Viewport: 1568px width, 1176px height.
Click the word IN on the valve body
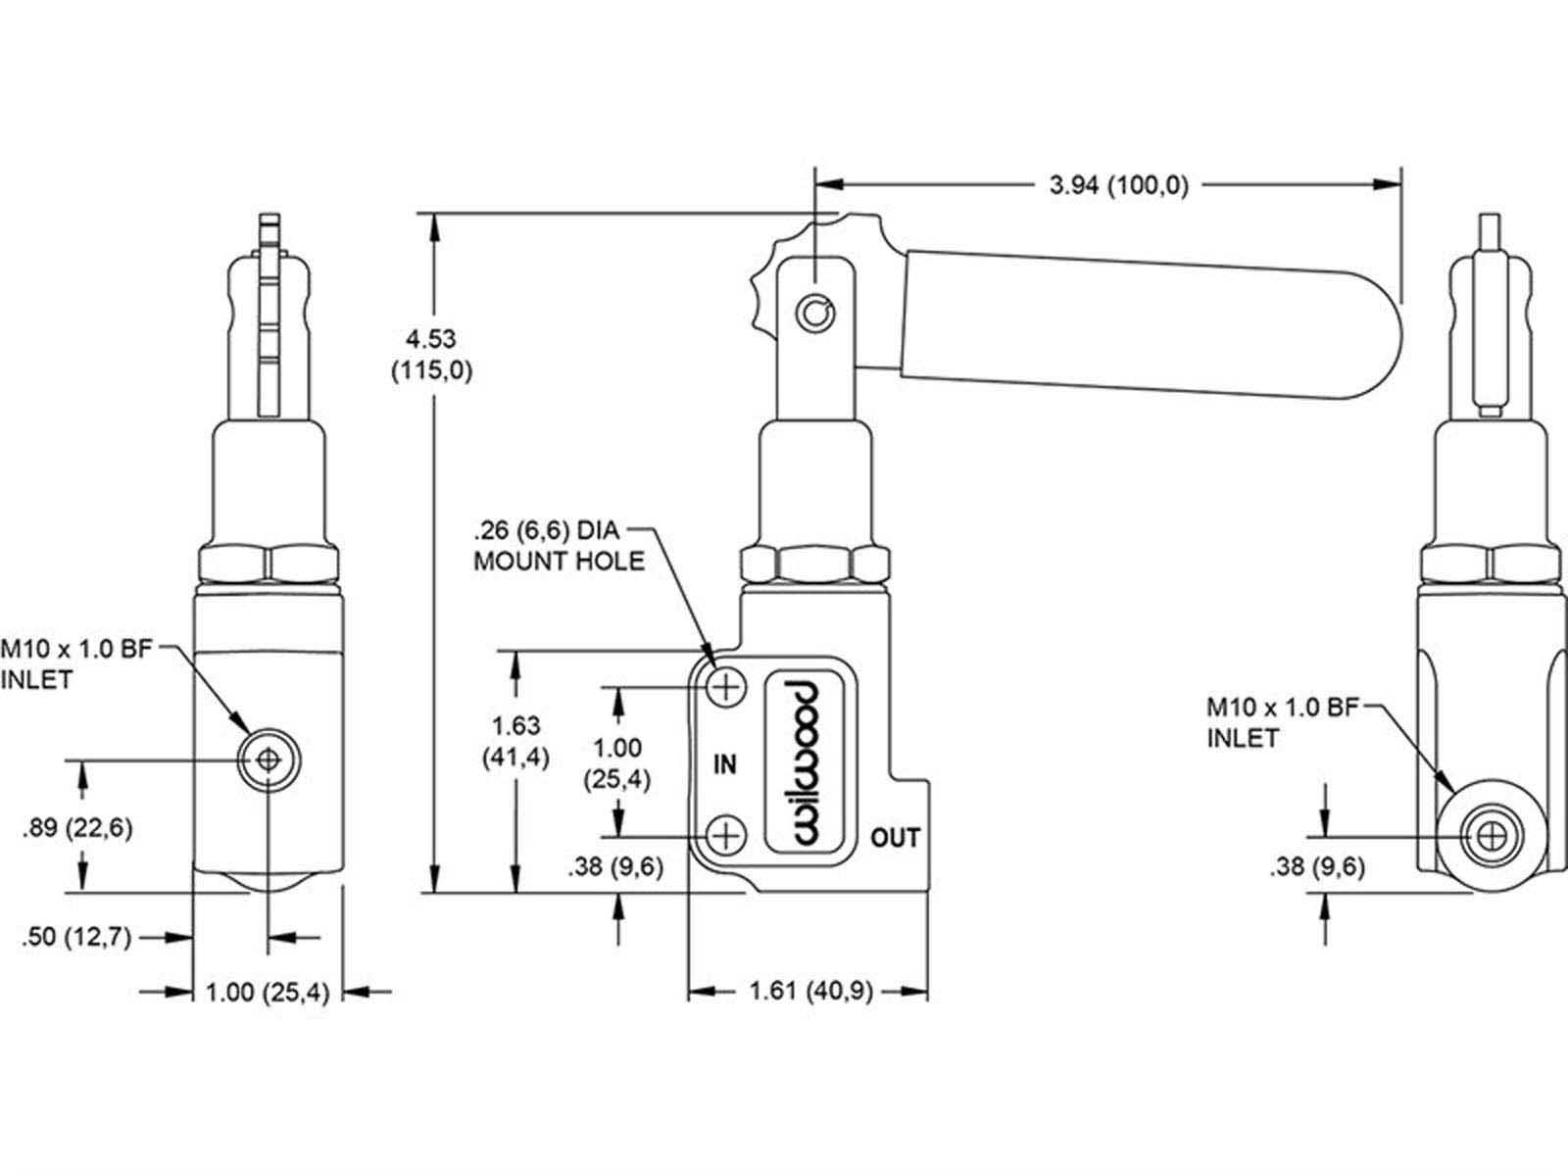(x=724, y=764)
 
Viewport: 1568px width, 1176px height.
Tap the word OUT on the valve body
(x=895, y=838)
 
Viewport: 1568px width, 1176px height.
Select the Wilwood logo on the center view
(x=810, y=762)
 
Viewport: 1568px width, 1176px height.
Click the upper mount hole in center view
(x=726, y=688)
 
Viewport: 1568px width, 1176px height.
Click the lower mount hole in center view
(x=726, y=835)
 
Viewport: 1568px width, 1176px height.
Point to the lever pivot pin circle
(x=815, y=313)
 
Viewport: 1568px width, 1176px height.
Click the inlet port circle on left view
(x=268, y=760)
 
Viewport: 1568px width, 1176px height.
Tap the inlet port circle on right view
(x=1492, y=836)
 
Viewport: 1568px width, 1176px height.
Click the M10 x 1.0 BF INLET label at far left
(x=76, y=664)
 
